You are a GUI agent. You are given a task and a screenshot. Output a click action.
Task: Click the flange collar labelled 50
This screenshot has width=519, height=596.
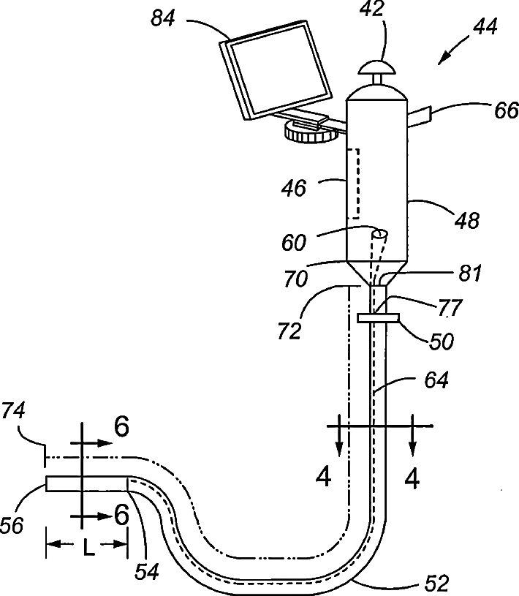coord(379,318)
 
